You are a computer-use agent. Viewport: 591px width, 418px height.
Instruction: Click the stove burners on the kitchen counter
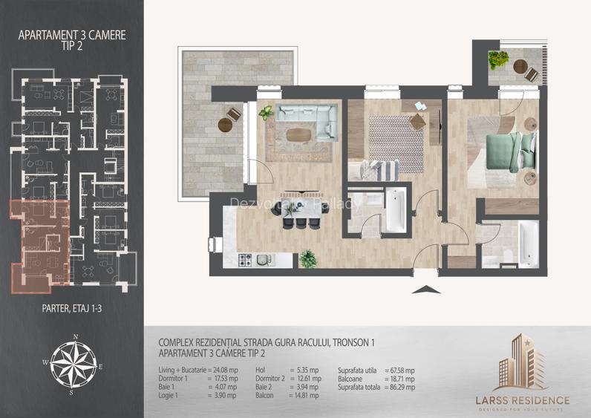(x=246, y=260)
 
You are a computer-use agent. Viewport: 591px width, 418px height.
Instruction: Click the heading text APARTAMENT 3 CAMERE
(x=72, y=34)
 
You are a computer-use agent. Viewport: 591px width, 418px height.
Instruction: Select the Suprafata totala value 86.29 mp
(x=399, y=387)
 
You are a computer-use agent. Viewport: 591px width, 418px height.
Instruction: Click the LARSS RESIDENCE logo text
(x=532, y=399)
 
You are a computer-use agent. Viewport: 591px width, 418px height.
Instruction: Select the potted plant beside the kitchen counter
(x=307, y=259)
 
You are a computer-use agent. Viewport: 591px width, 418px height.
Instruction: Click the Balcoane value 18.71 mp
(x=399, y=378)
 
